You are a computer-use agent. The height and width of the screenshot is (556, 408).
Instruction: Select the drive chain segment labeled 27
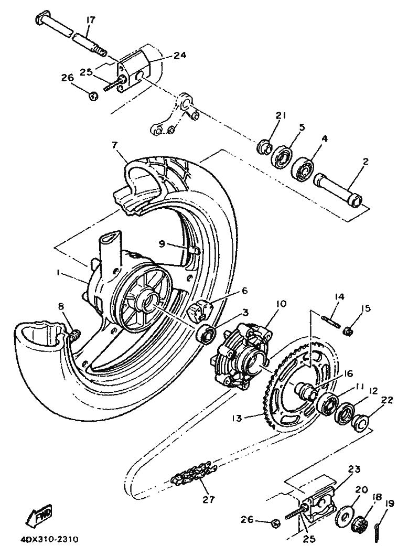pyautogui.click(x=192, y=472)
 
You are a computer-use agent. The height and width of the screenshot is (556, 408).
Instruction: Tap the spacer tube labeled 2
pyautogui.click(x=337, y=190)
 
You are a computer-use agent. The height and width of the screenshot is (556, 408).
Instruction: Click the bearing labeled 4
pyautogui.click(x=303, y=169)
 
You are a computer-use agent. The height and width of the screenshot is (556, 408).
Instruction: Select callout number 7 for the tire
pyautogui.click(x=114, y=145)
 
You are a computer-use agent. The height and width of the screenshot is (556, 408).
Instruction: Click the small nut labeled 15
pyautogui.click(x=347, y=331)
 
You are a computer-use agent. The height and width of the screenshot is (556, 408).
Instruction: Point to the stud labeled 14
pyautogui.click(x=331, y=322)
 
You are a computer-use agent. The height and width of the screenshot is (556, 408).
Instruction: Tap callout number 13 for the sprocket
pyautogui.click(x=238, y=418)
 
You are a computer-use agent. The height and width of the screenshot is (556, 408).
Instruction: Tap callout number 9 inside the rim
pyautogui.click(x=162, y=243)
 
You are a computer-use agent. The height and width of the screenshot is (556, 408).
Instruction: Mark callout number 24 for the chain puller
pyautogui.click(x=180, y=56)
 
